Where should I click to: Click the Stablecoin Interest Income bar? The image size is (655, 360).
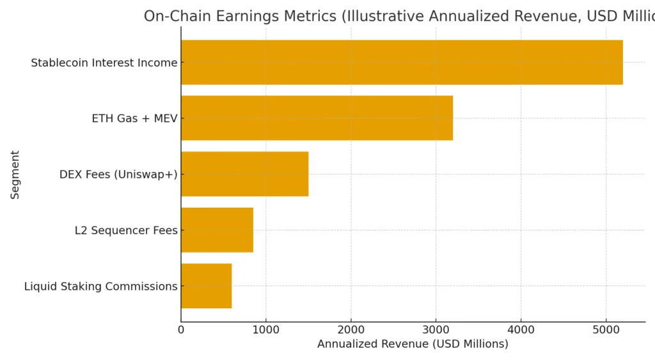tap(402, 62)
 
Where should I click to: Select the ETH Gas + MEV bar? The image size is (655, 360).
tap(317, 118)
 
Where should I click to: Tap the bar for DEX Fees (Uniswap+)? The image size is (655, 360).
tap(244, 174)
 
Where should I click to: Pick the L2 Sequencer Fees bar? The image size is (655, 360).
tap(217, 230)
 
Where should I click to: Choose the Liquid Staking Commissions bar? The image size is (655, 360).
tap(206, 286)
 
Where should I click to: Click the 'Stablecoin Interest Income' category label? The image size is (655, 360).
tap(104, 63)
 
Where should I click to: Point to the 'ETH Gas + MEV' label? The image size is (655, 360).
tap(134, 118)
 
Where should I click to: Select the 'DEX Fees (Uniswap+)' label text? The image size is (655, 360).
tap(118, 175)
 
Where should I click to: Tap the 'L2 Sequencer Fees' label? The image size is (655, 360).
tap(126, 230)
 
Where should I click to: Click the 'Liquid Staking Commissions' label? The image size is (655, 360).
tap(100, 286)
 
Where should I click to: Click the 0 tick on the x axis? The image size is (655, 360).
tap(181, 330)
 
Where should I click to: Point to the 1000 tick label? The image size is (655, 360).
tap(266, 330)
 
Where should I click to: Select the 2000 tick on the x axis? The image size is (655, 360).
tap(351, 330)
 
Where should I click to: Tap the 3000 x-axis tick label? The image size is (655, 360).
tap(436, 330)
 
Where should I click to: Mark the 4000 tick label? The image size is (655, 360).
tap(521, 330)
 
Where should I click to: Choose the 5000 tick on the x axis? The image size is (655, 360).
tap(606, 330)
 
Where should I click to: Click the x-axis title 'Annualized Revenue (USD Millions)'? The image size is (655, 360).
tap(413, 344)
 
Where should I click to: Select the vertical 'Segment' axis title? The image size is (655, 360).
tap(15, 175)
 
